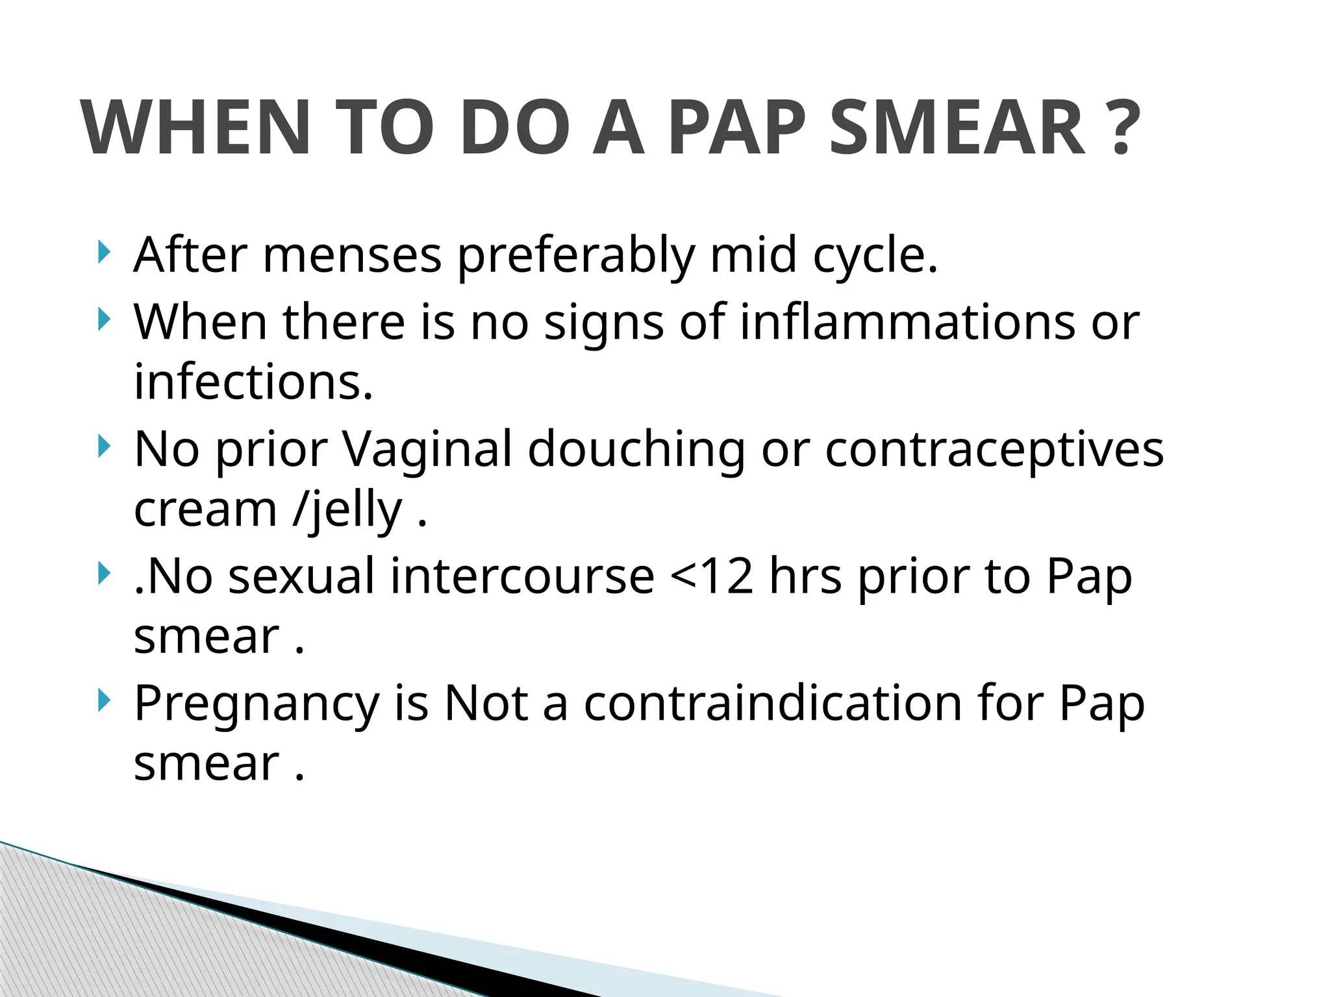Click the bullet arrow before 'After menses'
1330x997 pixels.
pos(103,252)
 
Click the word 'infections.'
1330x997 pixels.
pos(253,382)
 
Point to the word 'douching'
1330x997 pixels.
pos(636,450)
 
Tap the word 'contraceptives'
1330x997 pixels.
pos(994,450)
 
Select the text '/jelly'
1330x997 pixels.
pos(347,511)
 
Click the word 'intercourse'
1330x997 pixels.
pos(522,576)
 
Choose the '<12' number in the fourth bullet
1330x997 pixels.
pos(712,576)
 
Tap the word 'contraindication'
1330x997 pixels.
pos(772,704)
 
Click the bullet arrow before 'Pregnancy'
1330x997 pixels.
pos(103,701)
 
